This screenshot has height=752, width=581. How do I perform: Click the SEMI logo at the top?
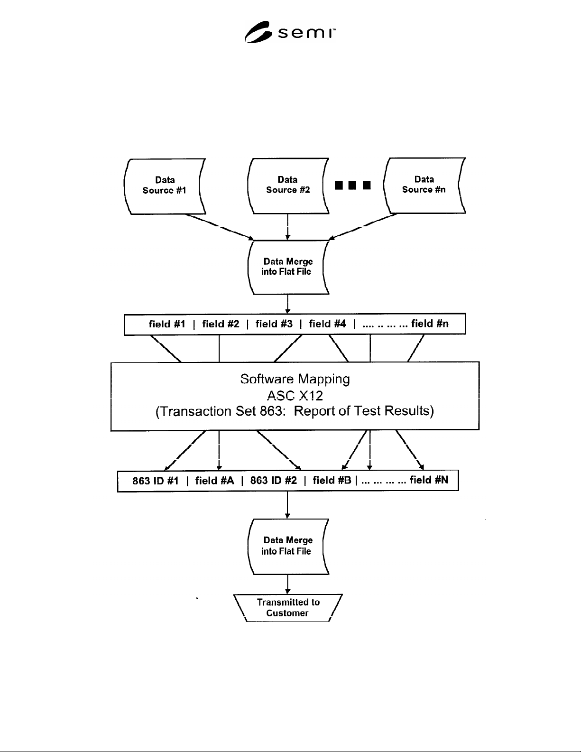pos(290,32)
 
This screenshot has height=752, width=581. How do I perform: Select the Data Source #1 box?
pos(165,186)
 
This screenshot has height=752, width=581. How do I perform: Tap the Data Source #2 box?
pos(288,186)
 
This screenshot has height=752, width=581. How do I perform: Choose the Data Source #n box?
pos(424,186)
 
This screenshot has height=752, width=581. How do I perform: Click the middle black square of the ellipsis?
pos(352,186)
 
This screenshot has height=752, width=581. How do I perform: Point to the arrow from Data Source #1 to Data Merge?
pos(220,227)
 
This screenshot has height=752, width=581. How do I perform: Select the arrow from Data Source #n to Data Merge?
pos(363,226)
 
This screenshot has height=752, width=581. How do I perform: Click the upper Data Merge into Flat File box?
pos(288,268)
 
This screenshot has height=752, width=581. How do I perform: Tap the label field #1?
pos(167,324)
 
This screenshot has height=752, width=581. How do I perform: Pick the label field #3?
pos(274,324)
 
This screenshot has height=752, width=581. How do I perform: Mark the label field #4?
pos(327,324)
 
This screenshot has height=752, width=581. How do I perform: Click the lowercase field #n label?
pos(430,324)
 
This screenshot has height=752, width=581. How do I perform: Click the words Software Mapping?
pos(295,379)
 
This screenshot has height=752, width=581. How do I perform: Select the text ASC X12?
pos(295,395)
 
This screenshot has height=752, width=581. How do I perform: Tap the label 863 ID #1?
pos(155,481)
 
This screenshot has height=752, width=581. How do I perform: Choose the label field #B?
pos(332,480)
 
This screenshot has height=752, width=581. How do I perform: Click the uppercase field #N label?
pos(429,480)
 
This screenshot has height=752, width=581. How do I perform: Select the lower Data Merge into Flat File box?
pos(288,547)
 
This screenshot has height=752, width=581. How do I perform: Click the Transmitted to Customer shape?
pos(288,608)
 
